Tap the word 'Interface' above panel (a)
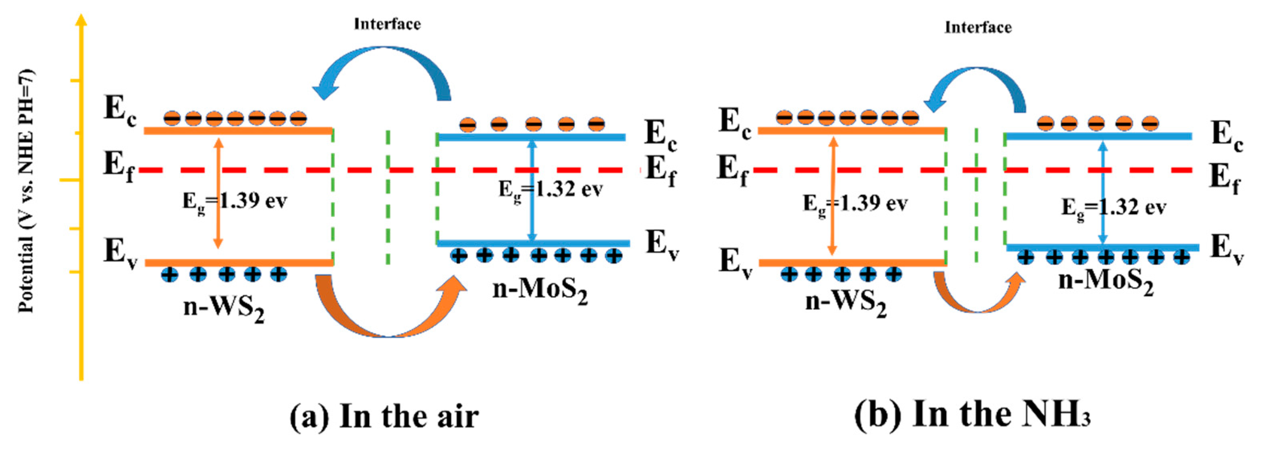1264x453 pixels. pyautogui.click(x=387, y=24)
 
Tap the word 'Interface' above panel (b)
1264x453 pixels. pyautogui.click(x=978, y=27)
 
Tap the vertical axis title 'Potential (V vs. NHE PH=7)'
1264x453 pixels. pyautogui.click(x=26, y=191)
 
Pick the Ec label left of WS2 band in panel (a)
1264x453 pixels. pyautogui.click(x=119, y=110)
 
